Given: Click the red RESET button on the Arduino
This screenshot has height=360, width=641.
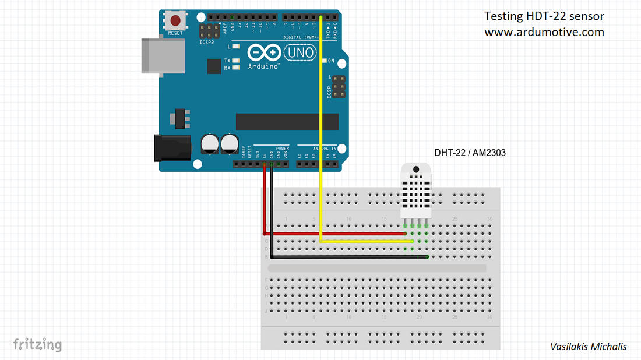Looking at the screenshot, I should [x=175, y=21].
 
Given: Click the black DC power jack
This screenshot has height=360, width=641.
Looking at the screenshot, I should [x=172, y=147].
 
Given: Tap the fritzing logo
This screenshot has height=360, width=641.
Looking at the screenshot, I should [x=37, y=344].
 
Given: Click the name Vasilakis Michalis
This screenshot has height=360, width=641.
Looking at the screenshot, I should [x=588, y=347].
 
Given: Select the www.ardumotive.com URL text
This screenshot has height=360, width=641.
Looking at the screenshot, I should [x=544, y=32].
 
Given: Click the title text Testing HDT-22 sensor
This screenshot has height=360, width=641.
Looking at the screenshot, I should [x=544, y=16].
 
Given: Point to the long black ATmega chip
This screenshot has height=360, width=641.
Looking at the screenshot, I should [x=287, y=122].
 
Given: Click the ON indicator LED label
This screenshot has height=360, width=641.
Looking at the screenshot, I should [x=330, y=61].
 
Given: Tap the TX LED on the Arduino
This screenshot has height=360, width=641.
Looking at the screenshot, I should [x=236, y=61].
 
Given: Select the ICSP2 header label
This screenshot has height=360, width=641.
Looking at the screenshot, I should [x=206, y=42].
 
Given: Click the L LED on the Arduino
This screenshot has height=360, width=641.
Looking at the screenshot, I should [x=236, y=45].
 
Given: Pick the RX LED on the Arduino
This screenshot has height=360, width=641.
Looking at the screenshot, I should [x=236, y=68].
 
